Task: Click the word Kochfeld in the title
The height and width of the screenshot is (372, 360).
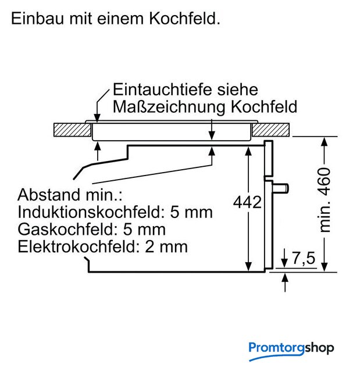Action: click(x=184, y=18)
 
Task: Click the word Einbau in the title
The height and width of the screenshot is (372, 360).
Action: click(x=37, y=18)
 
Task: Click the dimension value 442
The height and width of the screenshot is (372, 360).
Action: click(x=247, y=202)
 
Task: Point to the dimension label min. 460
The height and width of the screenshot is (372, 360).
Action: click(x=325, y=200)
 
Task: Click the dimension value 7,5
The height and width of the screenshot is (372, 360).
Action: click(x=304, y=258)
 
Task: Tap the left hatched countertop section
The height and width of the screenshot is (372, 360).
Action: click(x=72, y=130)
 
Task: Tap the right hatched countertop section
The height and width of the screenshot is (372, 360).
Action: click(x=270, y=130)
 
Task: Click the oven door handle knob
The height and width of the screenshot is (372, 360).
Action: click(x=281, y=188)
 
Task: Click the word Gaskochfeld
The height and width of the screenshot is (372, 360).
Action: click(x=68, y=230)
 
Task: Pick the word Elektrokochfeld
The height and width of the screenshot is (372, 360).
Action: click(x=79, y=246)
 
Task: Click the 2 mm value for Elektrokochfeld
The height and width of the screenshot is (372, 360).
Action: click(x=166, y=246)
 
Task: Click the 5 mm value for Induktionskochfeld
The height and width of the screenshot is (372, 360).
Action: click(x=191, y=212)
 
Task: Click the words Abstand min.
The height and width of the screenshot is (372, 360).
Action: click(x=70, y=195)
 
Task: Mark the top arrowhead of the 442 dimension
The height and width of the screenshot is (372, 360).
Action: click(x=248, y=151)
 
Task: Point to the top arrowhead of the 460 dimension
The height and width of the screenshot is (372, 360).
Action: click(x=325, y=142)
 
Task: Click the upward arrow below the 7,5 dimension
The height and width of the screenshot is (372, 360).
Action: click(x=285, y=282)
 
